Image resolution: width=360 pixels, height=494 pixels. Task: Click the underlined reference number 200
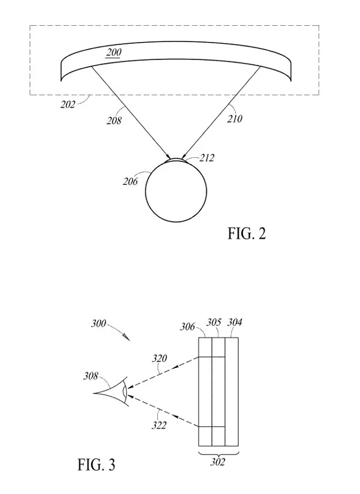point(113,52)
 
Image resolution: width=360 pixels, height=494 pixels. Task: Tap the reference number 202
point(68,104)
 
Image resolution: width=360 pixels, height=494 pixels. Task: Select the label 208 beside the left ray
point(114,121)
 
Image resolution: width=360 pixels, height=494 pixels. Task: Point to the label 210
point(235,119)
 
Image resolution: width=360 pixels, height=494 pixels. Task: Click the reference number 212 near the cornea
point(206,157)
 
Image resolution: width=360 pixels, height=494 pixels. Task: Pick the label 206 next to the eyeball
point(130,181)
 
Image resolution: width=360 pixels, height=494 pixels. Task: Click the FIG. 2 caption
point(247,233)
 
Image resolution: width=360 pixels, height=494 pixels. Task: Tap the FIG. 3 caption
point(97,465)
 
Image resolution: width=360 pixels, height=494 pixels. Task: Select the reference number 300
point(98,324)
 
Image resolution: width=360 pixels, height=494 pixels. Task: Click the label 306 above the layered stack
point(187,327)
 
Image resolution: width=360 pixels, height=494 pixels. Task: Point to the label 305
point(214,322)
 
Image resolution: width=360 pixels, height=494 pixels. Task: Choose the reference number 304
point(235,322)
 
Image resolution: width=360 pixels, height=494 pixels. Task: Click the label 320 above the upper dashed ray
point(160,358)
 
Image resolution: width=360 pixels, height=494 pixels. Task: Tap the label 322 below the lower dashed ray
point(159,426)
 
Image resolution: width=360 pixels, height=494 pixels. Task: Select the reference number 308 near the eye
point(91,376)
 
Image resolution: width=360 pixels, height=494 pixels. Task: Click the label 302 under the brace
point(218,462)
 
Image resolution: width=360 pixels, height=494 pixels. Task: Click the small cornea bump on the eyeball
point(176,159)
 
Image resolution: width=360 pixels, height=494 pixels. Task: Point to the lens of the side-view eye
point(125,392)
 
